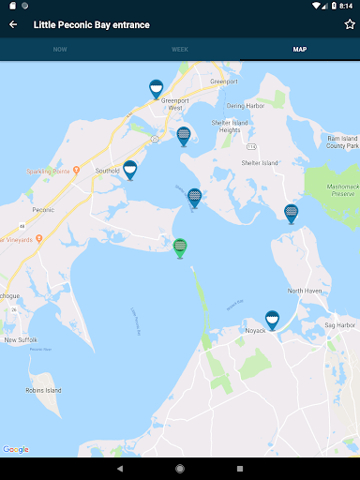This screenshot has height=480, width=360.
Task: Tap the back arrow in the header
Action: [13, 24]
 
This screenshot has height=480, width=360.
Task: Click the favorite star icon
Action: [350, 24]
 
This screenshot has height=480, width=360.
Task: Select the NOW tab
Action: [60, 49]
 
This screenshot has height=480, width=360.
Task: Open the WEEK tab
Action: [180, 49]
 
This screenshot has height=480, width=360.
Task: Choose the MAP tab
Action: [299, 49]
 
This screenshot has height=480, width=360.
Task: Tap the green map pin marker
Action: [180, 247]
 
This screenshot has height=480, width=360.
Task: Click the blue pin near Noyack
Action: [272, 320]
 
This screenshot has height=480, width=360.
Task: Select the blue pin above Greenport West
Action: [157, 88]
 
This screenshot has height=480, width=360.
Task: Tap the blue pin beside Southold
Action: [130, 169]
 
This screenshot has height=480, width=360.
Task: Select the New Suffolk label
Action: [21, 339]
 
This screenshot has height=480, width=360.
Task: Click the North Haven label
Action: [306, 291]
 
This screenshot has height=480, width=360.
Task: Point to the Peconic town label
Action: [17, 210]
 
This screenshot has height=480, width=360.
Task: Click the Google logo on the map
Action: [16, 449]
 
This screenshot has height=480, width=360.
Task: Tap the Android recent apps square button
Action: [240, 468]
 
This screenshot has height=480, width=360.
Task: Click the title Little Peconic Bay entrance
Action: [91, 24]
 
